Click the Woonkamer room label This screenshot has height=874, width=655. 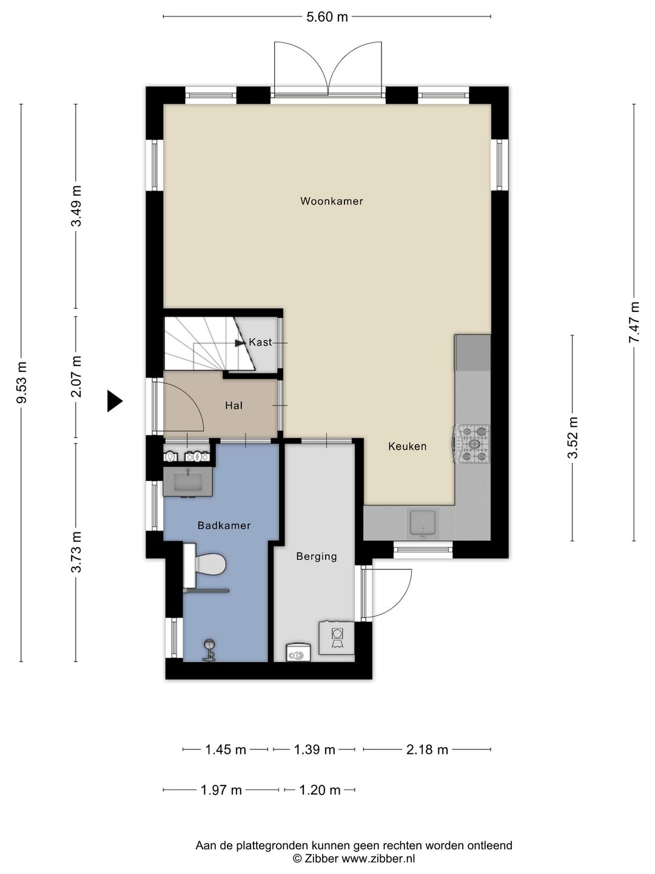click(331, 201)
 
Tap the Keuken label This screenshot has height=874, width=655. click(407, 446)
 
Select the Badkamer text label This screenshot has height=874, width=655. click(224, 526)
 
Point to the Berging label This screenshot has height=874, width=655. click(317, 557)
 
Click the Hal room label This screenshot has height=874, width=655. click(234, 406)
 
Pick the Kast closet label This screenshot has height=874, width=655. click(261, 342)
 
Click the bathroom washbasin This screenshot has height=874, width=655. click(188, 482)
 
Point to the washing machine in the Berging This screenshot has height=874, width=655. click(337, 637)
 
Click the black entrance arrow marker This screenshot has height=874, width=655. click(115, 401)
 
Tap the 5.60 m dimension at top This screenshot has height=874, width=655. click(327, 17)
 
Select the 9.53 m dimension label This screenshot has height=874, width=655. click(21, 382)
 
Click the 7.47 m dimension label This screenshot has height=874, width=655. click(634, 322)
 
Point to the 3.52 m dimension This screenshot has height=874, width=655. click(573, 438)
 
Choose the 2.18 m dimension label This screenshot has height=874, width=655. click(427, 750)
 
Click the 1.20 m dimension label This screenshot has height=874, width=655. click(320, 790)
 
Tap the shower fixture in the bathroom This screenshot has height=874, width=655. click(209, 650)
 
